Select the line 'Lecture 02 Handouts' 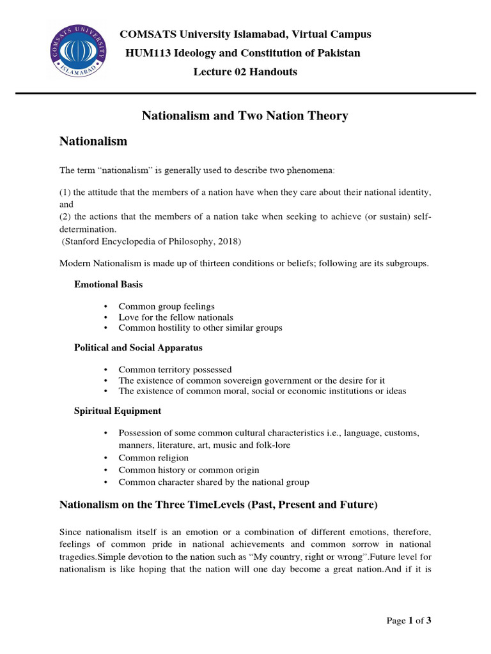[x=245, y=72]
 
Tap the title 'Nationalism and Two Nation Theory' [x=245, y=116]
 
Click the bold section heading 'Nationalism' [x=93, y=141]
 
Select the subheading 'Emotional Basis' [x=109, y=284]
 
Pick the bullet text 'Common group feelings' [x=167, y=307]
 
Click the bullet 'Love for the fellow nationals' [x=176, y=317]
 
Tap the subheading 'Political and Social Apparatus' [x=138, y=348]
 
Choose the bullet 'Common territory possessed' [x=175, y=370]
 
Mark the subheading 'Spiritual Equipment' [x=118, y=411]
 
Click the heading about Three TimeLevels [x=219, y=505]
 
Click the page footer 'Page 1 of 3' [x=413, y=620]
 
